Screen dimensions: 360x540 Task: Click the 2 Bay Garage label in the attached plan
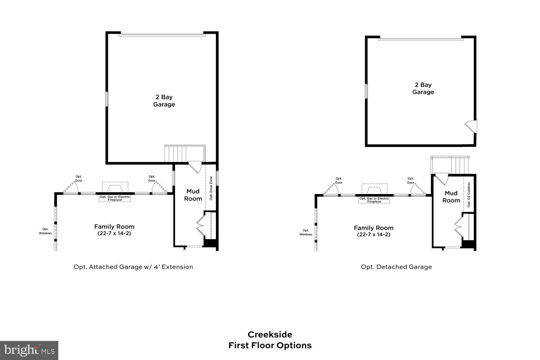tap(164, 101)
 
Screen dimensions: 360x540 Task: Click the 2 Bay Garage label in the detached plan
tap(423, 89)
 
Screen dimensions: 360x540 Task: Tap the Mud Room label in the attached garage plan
tap(193, 195)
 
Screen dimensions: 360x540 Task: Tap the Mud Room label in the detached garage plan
tap(451, 197)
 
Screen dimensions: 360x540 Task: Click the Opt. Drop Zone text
tap(211, 188)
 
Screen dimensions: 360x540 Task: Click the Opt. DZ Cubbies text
tap(469, 194)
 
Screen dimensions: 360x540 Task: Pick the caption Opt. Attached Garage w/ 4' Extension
tap(133, 267)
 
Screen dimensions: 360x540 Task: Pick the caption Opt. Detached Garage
tap(396, 267)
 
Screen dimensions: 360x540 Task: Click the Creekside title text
tap(270, 335)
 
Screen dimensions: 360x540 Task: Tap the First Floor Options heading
tap(270, 346)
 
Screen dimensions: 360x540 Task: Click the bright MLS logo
tap(29, 350)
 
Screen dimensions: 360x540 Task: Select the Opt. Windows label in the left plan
tap(45, 231)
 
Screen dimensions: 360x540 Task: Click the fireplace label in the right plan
tap(374, 200)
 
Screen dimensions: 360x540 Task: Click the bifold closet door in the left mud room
tap(201, 225)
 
